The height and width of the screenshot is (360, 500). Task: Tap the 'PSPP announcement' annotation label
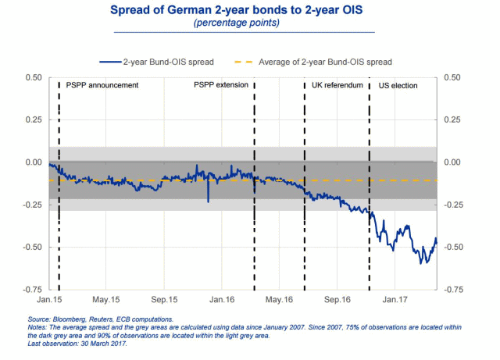(x=103, y=84)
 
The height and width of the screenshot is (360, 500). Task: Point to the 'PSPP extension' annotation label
(x=220, y=84)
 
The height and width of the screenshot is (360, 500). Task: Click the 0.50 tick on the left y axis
(x=34, y=77)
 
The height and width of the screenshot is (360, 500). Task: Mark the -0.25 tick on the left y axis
(x=32, y=205)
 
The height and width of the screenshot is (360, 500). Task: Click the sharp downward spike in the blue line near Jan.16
(x=208, y=200)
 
